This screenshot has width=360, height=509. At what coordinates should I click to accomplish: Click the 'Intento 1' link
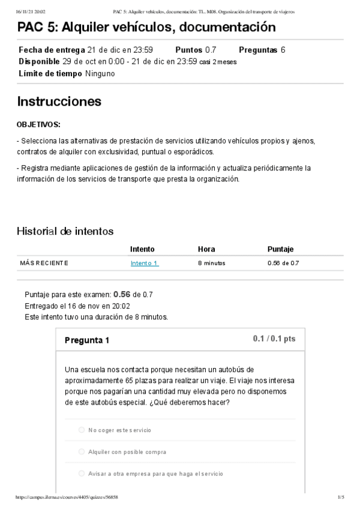(x=144, y=263)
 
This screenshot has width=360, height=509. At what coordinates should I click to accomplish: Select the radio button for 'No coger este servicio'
(x=82, y=430)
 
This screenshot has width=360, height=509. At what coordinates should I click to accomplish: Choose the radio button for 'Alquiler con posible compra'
(x=82, y=451)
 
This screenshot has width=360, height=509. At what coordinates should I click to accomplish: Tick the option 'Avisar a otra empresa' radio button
(x=82, y=474)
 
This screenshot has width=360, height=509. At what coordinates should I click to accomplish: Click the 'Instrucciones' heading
(x=59, y=101)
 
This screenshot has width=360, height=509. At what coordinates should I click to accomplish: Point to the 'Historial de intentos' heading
(x=65, y=231)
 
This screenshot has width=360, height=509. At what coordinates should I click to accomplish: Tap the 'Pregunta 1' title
(x=86, y=340)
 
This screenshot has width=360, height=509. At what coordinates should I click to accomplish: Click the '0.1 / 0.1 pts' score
(x=274, y=339)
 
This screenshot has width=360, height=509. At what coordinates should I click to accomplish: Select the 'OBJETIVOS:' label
(x=38, y=125)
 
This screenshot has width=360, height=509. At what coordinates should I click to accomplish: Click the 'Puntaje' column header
(x=280, y=249)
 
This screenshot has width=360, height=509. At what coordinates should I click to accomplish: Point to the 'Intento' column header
(x=142, y=249)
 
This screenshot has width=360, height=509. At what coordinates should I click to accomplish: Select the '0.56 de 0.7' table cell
(x=283, y=263)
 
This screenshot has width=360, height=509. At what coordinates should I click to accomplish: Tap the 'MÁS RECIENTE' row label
(x=44, y=263)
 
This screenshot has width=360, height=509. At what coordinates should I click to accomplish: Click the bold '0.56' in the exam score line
(x=122, y=294)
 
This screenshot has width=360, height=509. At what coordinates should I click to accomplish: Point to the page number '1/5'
(x=341, y=498)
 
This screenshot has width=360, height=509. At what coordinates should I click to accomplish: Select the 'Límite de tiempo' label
(x=50, y=74)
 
